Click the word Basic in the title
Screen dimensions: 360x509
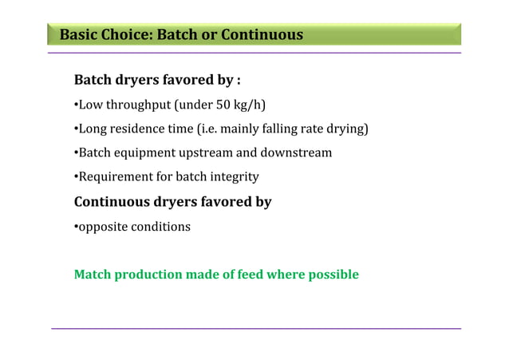pos(78,35)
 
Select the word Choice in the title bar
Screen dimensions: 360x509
pos(126,35)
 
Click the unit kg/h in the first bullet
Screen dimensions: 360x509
pos(247,105)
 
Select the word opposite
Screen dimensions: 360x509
pos(101,227)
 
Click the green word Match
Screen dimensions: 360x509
pos(93,275)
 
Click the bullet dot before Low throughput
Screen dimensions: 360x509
pos(75,106)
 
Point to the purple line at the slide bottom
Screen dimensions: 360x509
pos(255,328)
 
